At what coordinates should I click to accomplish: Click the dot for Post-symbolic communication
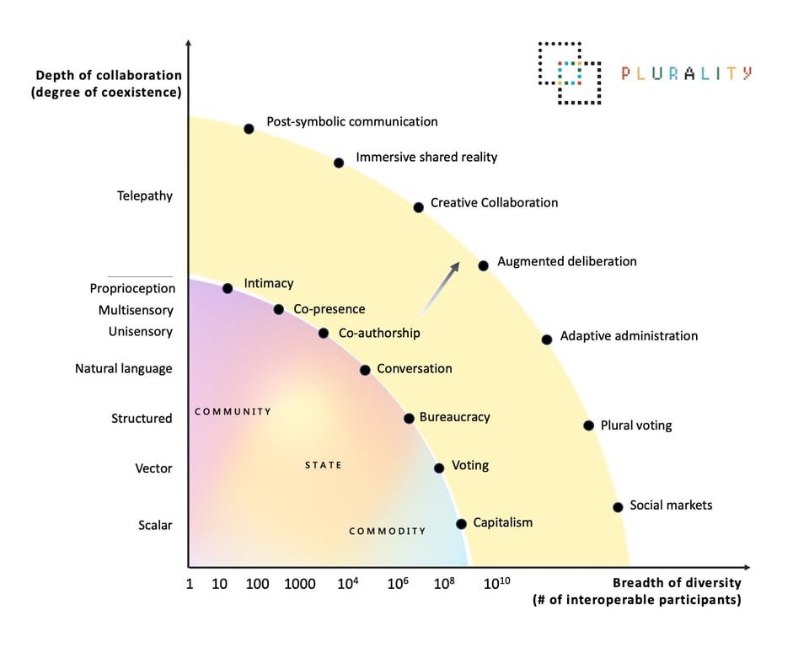pos(249,129)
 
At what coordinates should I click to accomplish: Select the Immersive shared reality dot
pos(339,163)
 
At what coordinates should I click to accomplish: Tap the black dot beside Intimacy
pos(228,288)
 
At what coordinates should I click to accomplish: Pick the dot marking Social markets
pos(618,507)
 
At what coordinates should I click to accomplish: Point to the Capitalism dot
pos(461,524)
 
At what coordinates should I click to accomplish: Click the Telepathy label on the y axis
pos(145,196)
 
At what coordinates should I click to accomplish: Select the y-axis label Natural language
pos(123,369)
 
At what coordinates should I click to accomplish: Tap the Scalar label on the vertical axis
pos(155,526)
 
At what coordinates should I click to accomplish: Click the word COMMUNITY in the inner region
pos(233,412)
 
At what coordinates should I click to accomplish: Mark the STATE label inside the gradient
pos(324,465)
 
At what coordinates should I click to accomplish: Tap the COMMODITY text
pos(388,532)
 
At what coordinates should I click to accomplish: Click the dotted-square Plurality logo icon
pos(570,73)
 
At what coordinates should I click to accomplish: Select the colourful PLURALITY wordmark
pos(686,73)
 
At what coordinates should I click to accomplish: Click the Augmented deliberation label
pos(567,262)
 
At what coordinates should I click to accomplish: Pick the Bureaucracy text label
pos(454,417)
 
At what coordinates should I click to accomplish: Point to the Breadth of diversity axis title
pos(677,583)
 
